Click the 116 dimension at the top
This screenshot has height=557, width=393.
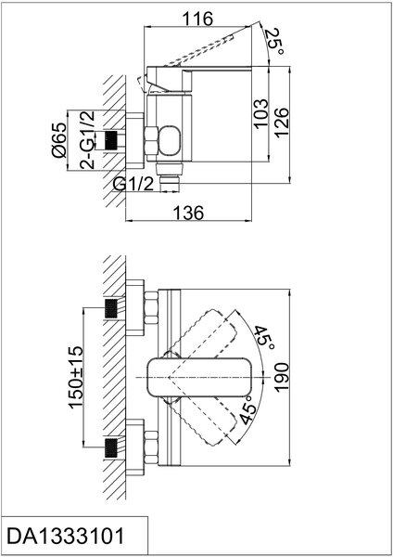197,19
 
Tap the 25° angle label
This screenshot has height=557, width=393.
275,42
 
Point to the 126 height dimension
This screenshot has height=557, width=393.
282,123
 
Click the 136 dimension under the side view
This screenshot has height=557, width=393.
188,213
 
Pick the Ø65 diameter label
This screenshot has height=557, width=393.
58,140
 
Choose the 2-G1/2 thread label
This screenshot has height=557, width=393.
87,140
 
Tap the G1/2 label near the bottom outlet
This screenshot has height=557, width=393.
133,184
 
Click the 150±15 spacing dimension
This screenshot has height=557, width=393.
76,377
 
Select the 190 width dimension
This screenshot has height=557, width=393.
282,377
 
